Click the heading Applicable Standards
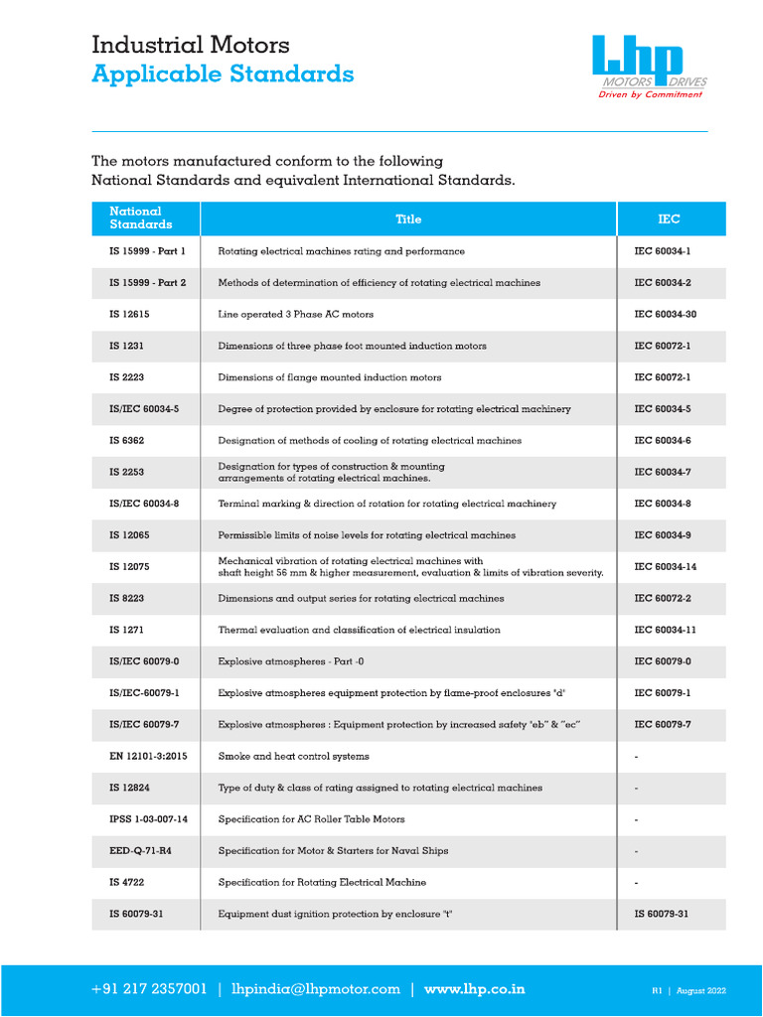[223, 73]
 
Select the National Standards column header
[135, 218]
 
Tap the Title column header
[408, 219]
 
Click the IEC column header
[670, 219]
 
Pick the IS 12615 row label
[131, 315]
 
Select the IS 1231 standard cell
[128, 347]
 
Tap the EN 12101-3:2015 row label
[148, 756]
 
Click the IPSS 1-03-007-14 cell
[148, 819]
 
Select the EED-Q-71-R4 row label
[140, 850]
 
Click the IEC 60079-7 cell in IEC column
[663, 725]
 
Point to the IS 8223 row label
[128, 599]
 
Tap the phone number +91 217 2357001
[149, 989]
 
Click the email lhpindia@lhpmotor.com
[315, 989]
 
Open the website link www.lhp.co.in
[475, 989]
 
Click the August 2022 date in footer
[703, 990]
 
